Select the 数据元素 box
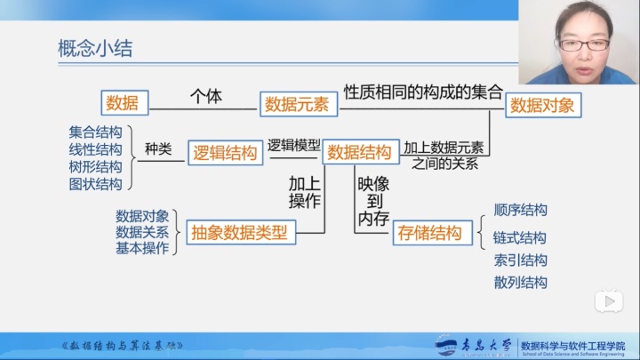(296, 104)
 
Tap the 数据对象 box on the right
(540, 105)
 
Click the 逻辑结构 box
(226, 153)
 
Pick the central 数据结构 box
(359, 152)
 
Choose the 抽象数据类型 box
(239, 233)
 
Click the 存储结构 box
(430, 233)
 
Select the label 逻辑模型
(294, 144)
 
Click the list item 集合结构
(95, 132)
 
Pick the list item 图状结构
(95, 184)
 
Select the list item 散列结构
(520, 282)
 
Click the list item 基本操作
(141, 248)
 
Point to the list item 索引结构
(520, 260)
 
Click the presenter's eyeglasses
(587, 44)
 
